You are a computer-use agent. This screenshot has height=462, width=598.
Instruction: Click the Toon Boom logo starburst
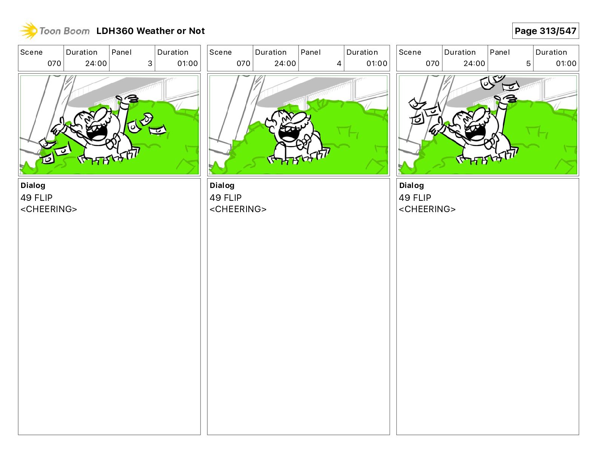coord(29,31)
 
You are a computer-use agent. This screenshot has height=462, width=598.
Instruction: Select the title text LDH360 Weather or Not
coord(151,31)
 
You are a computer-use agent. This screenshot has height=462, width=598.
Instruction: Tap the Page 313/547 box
coord(546,31)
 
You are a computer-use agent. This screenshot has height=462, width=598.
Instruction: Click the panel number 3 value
coord(150,63)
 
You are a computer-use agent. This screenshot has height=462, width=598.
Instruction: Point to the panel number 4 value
coord(339,63)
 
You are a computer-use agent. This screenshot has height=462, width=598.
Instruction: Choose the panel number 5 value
coord(529,63)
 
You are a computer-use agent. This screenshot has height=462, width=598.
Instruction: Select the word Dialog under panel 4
coord(222,185)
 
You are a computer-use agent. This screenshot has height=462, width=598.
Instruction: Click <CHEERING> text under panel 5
coord(427,209)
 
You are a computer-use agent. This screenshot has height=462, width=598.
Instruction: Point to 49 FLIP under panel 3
coord(36,197)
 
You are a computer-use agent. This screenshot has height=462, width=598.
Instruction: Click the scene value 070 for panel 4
coord(244,63)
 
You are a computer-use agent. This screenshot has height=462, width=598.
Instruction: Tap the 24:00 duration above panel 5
coord(474,63)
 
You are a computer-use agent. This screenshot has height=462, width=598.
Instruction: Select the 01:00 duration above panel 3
coord(187,63)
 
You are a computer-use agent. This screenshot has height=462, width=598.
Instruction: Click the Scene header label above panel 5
coord(410,52)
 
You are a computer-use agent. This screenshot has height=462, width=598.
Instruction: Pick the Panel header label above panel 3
coord(121,52)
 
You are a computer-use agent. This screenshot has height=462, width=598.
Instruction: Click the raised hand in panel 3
coord(128,99)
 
